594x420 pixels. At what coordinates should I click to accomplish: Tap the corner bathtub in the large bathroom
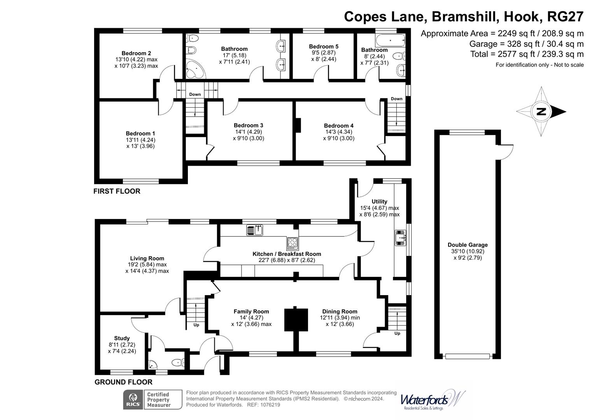194,70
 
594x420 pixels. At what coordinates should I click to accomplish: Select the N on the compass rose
541,112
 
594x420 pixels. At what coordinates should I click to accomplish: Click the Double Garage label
467,245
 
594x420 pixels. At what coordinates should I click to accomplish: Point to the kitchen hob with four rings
293,243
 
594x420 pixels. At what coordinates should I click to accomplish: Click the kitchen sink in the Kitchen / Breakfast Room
255,230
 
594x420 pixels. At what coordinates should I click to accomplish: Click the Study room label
122,338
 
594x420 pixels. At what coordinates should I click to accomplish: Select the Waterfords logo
432,400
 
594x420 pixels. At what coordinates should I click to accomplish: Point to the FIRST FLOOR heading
117,191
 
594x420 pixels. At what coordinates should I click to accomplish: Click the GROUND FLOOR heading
123,382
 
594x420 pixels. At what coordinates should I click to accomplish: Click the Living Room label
147,258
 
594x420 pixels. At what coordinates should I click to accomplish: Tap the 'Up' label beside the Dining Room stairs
397,333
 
